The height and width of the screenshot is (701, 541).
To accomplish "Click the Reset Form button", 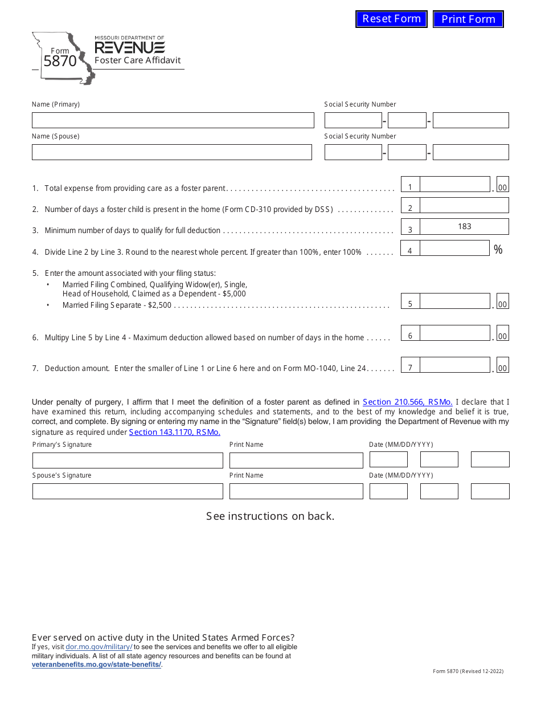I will click(x=391, y=19).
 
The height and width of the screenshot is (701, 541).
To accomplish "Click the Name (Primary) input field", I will click(x=173, y=120).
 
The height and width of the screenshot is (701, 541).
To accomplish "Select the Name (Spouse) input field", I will click(x=171, y=152).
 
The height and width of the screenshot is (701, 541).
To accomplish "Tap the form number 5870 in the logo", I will click(x=60, y=61).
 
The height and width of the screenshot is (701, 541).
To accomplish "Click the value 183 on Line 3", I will click(x=464, y=227).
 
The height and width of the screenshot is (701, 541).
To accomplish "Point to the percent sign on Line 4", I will click(x=498, y=250).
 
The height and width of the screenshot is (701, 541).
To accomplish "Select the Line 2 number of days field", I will click(x=464, y=206).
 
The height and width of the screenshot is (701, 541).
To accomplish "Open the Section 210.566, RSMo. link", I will click(x=407, y=402).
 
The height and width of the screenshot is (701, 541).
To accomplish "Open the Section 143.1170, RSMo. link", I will click(x=174, y=432).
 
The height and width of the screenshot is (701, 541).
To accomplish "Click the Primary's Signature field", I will click(x=128, y=460).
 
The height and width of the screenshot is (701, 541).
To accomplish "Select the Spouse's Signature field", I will click(x=128, y=491).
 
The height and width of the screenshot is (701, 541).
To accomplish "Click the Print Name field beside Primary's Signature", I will click(x=296, y=460).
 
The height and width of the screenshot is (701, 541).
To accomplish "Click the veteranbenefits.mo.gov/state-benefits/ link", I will click(x=97, y=665).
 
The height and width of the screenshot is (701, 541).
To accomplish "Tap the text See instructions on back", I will click(x=270, y=516).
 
